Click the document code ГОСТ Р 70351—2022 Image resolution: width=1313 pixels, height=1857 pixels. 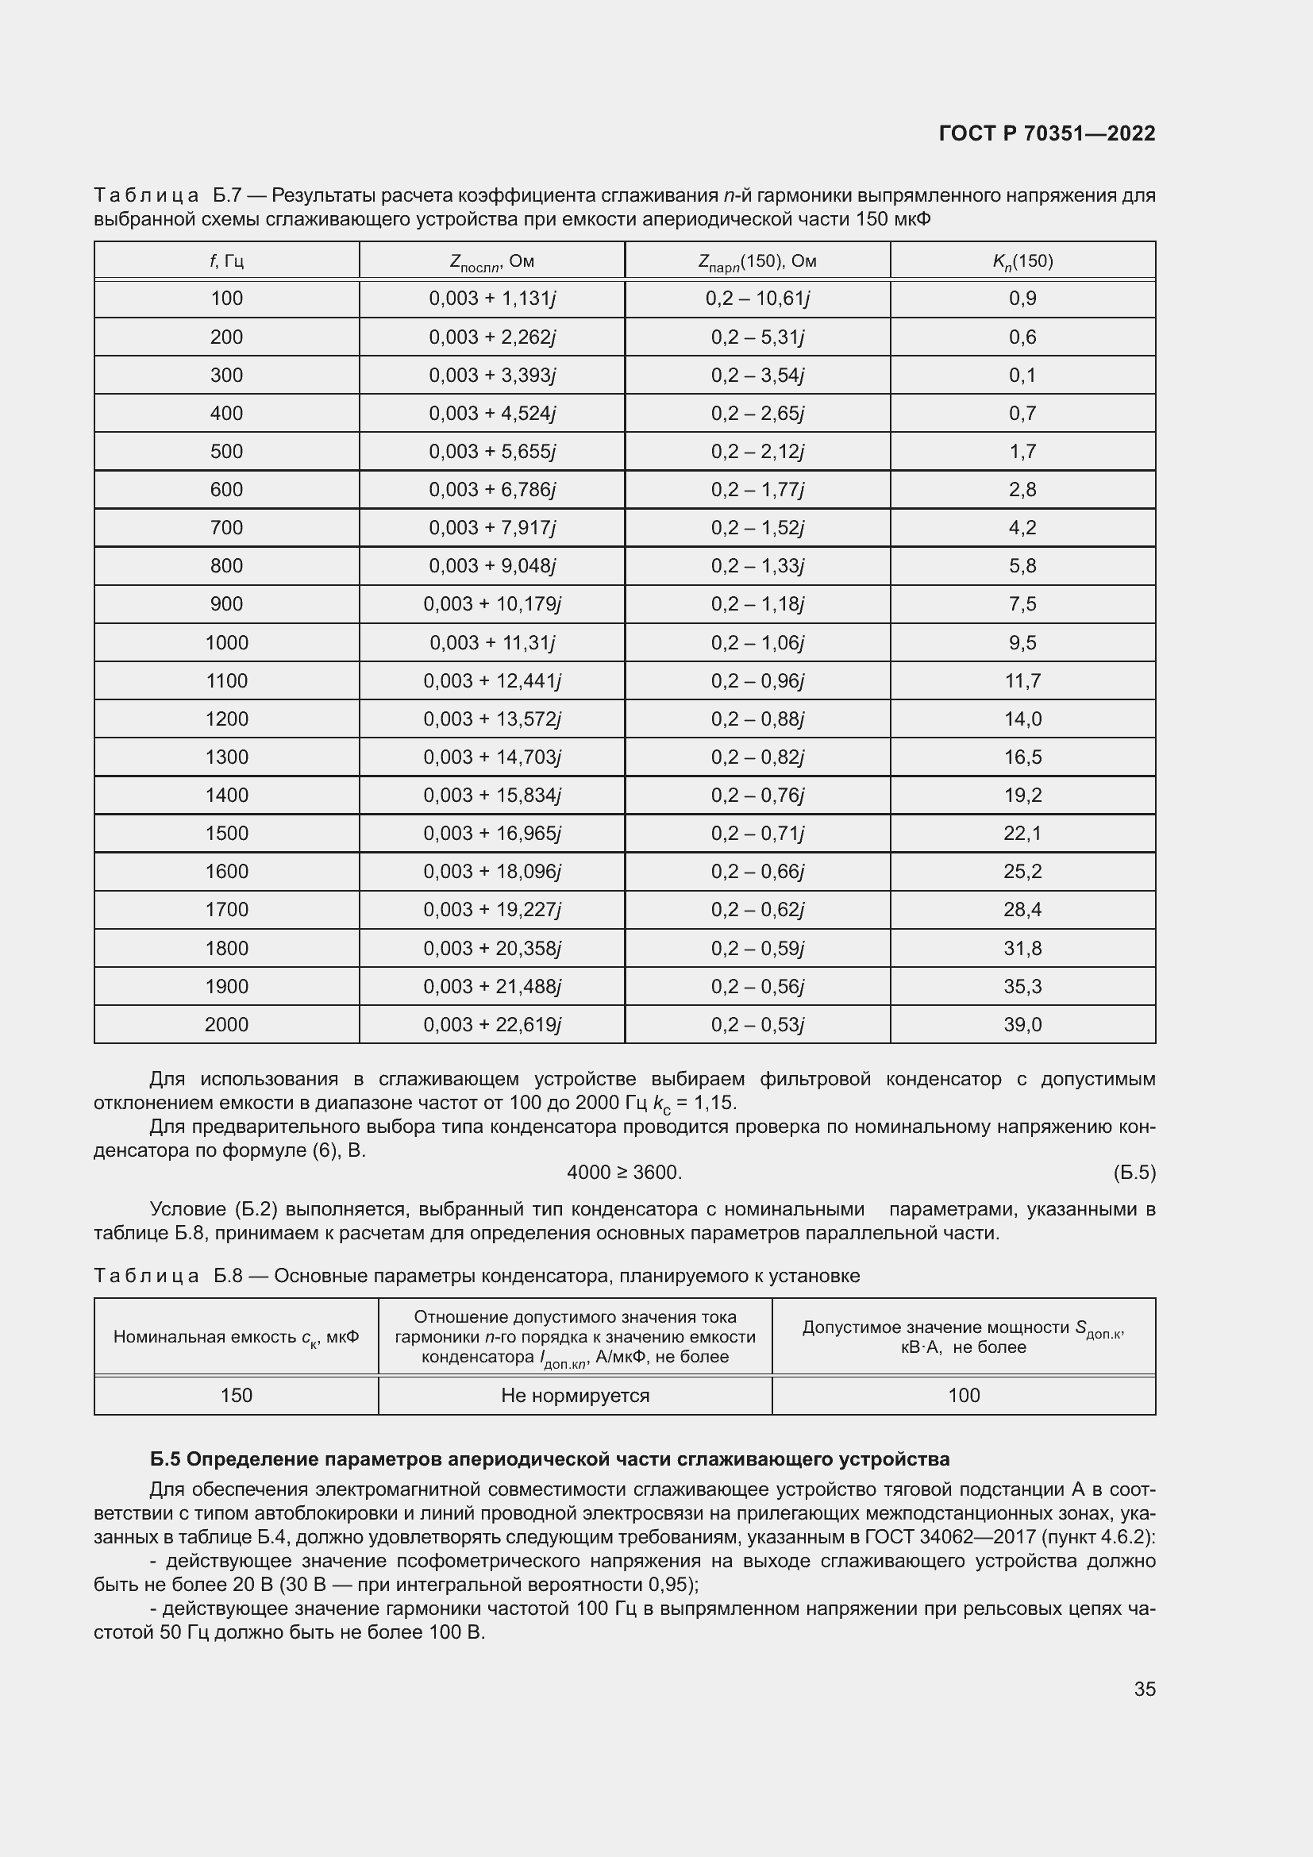pos(1047,133)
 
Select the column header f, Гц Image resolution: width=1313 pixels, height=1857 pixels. pos(226,260)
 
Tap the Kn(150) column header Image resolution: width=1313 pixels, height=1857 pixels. pos(1022,260)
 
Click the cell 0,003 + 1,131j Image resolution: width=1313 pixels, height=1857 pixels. pos(491,299)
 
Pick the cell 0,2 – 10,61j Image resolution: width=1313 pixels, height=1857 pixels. pos(757,299)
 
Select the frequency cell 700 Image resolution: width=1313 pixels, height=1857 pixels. pos(226,527)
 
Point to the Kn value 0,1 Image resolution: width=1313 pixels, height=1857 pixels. pos(1022,376)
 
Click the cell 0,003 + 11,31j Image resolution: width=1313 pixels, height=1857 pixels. pos(491,643)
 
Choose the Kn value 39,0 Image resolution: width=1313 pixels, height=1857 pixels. pos(1022,1025)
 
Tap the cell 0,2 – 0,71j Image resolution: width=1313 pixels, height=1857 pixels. pos(757,833)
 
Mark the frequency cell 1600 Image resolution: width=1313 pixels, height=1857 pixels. pos(226,871)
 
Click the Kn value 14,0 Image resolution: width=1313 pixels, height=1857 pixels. pos(1022,719)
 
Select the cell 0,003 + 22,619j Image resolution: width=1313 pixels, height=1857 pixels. pos(491,1025)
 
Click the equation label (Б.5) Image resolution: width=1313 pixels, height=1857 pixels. pos(1134,1172)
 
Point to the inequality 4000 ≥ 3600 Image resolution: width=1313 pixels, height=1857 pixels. pos(624,1172)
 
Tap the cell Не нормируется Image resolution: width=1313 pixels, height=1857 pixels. pos(575,1395)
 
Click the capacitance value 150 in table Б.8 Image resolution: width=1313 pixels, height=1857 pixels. pos(236,1395)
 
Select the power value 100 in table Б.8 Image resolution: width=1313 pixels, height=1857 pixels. pos(963,1395)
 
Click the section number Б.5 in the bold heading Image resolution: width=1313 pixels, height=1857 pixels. pos(166,1459)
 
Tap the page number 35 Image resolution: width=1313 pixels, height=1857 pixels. pos(1144,1689)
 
